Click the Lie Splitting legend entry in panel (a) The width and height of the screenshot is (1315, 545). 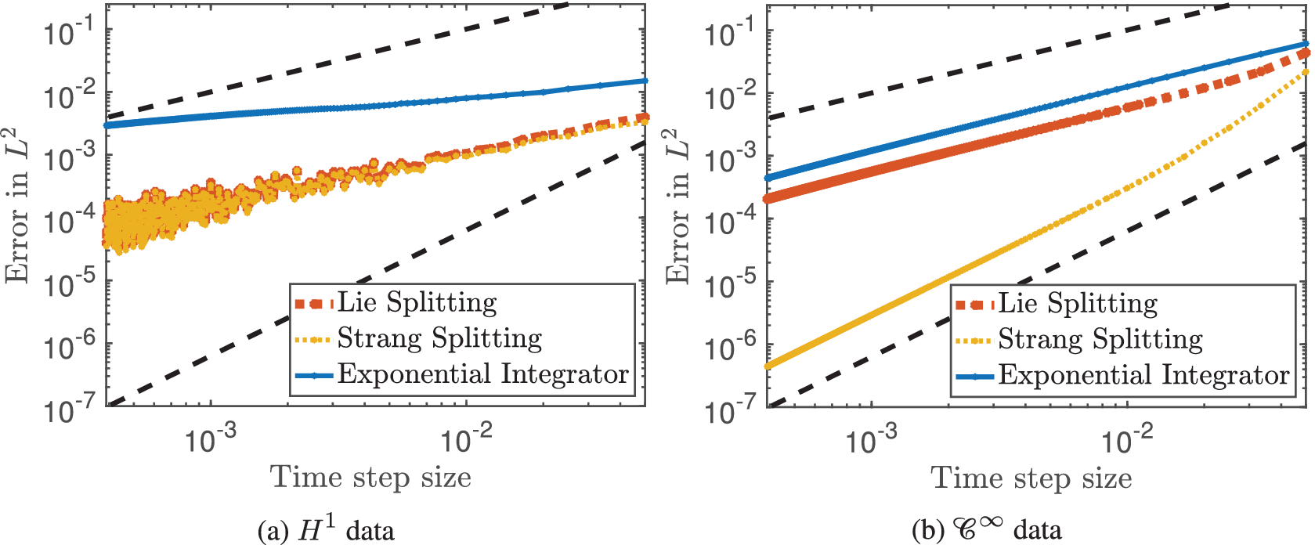pos(417,303)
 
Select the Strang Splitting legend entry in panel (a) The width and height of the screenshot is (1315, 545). pos(439,339)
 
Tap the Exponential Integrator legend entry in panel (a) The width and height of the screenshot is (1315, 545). pos(482,374)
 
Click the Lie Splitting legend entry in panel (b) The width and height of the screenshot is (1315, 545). pos(1077,304)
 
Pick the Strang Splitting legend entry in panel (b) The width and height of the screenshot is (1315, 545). pos(1100,340)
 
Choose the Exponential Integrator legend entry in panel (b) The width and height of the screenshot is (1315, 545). pos(1143,376)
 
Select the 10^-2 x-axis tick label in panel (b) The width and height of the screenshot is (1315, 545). pos(1128,441)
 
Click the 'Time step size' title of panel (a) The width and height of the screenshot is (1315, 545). pos(370,477)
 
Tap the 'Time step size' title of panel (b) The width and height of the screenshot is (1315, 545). pos(1031,478)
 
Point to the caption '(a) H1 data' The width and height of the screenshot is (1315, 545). pos(326,530)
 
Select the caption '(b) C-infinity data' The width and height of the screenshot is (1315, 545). pos(987,530)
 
